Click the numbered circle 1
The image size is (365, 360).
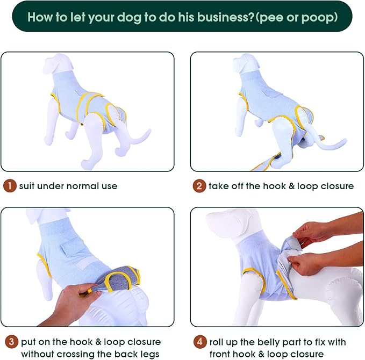coord(10,186)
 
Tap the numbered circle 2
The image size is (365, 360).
coord(199,186)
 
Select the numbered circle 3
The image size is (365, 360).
coord(10,342)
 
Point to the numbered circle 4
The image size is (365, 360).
coord(199,342)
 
